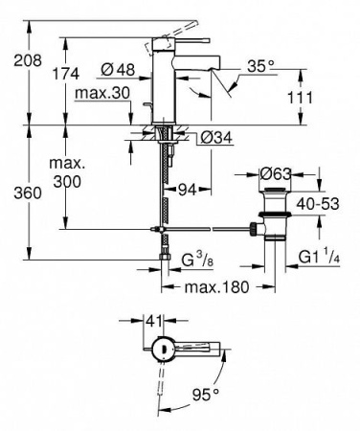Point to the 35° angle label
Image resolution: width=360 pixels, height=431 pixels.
tap(260, 67)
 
